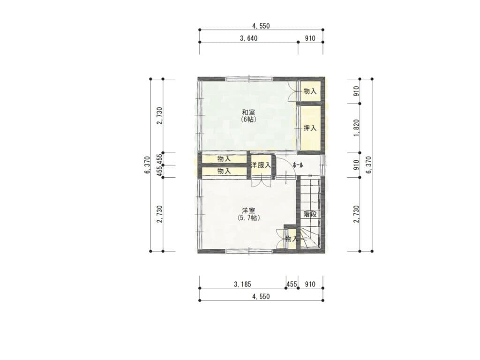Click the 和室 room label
click(x=248, y=112)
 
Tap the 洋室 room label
click(x=248, y=210)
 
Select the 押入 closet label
click(x=310, y=128)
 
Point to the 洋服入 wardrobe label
click(x=261, y=165)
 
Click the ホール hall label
click(x=298, y=165)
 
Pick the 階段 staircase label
click(x=310, y=214)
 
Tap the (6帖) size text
click(x=248, y=120)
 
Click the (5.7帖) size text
click(x=248, y=218)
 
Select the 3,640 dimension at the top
click(x=248, y=38)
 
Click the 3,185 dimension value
click(x=242, y=285)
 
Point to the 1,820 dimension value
click(x=356, y=128)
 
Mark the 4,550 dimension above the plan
click(x=261, y=26)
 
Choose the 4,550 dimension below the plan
click(x=261, y=297)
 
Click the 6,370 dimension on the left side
click(x=147, y=165)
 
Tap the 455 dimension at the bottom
click(x=292, y=285)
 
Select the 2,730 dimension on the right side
click(x=356, y=214)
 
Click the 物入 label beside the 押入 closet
click(x=310, y=91)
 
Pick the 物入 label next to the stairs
click(x=292, y=239)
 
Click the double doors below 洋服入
click(x=261, y=182)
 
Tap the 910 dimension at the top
click(x=310, y=38)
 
